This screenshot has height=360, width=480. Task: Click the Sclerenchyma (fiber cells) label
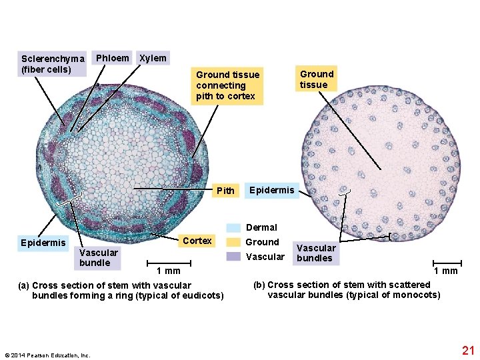(x=52, y=63)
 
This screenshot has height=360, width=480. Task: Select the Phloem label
(x=112, y=58)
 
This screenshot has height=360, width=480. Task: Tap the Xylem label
(x=153, y=58)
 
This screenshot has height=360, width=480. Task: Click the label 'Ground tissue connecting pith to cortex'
(x=227, y=85)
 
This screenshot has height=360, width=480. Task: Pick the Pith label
(x=226, y=191)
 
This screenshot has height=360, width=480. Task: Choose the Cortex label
(x=197, y=241)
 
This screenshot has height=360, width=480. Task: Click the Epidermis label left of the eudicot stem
(x=43, y=242)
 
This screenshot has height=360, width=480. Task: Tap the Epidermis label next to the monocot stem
(x=271, y=190)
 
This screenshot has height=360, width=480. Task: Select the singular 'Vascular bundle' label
(x=98, y=257)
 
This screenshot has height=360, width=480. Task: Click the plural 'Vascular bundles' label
(x=314, y=253)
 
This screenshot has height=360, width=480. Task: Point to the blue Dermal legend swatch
(x=233, y=227)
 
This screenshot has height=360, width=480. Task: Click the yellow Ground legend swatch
(x=233, y=242)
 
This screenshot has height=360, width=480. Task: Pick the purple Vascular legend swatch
(x=233, y=257)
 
